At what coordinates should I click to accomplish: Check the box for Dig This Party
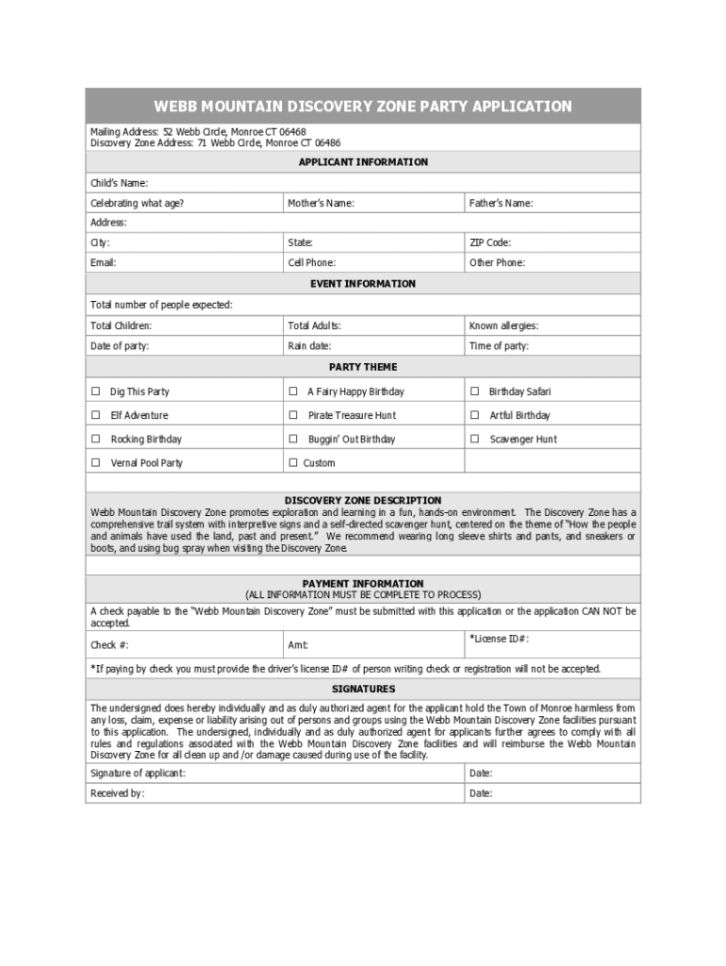95,391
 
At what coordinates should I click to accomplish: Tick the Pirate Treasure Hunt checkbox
293,415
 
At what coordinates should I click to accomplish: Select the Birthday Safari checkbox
474,391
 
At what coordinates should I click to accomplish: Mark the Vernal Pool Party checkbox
95,463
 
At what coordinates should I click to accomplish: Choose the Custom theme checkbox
293,463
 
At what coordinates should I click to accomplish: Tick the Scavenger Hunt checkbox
474,439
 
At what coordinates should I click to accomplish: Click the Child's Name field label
119,183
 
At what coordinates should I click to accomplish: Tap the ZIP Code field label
490,243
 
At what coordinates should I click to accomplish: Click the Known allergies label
503,326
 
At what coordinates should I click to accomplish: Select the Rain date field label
309,346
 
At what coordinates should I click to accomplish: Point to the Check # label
109,645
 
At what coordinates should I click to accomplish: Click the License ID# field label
499,639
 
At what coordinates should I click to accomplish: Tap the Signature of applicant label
138,774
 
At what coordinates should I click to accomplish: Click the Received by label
117,793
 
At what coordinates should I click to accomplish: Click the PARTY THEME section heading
363,367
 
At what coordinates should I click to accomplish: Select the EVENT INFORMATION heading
363,284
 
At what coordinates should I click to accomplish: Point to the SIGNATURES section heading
363,690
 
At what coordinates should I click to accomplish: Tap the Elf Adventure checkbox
95,415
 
